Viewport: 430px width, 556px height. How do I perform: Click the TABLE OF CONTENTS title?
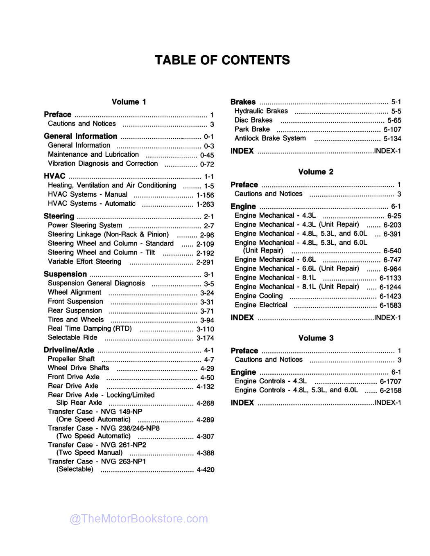click(222, 60)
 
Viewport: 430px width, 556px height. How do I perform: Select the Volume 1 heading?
click(129, 102)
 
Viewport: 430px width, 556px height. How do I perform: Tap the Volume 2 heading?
click(316, 172)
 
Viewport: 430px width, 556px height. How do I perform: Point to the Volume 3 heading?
click(316, 338)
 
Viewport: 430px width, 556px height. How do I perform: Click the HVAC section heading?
click(54, 176)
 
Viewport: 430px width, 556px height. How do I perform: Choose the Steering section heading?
click(59, 216)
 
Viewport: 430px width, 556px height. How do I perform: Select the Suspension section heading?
click(65, 274)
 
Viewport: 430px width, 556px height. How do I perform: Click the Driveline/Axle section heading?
click(69, 350)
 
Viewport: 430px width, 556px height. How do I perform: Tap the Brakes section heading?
click(243, 102)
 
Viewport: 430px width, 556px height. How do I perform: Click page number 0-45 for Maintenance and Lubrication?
click(207, 155)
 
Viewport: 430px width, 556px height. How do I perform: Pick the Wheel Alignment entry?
click(75, 292)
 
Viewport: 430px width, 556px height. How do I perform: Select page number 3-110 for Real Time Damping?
click(205, 329)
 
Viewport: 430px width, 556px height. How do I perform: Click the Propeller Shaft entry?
click(71, 359)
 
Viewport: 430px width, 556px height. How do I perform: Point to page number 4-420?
click(205, 470)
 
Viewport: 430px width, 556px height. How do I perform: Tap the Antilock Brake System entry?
click(270, 138)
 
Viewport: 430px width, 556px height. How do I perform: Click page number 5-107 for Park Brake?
click(392, 129)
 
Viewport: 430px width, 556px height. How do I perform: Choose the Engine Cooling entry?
click(258, 296)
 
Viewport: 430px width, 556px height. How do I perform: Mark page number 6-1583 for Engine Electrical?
click(390, 305)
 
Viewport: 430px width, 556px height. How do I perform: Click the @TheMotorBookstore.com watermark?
click(139, 519)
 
